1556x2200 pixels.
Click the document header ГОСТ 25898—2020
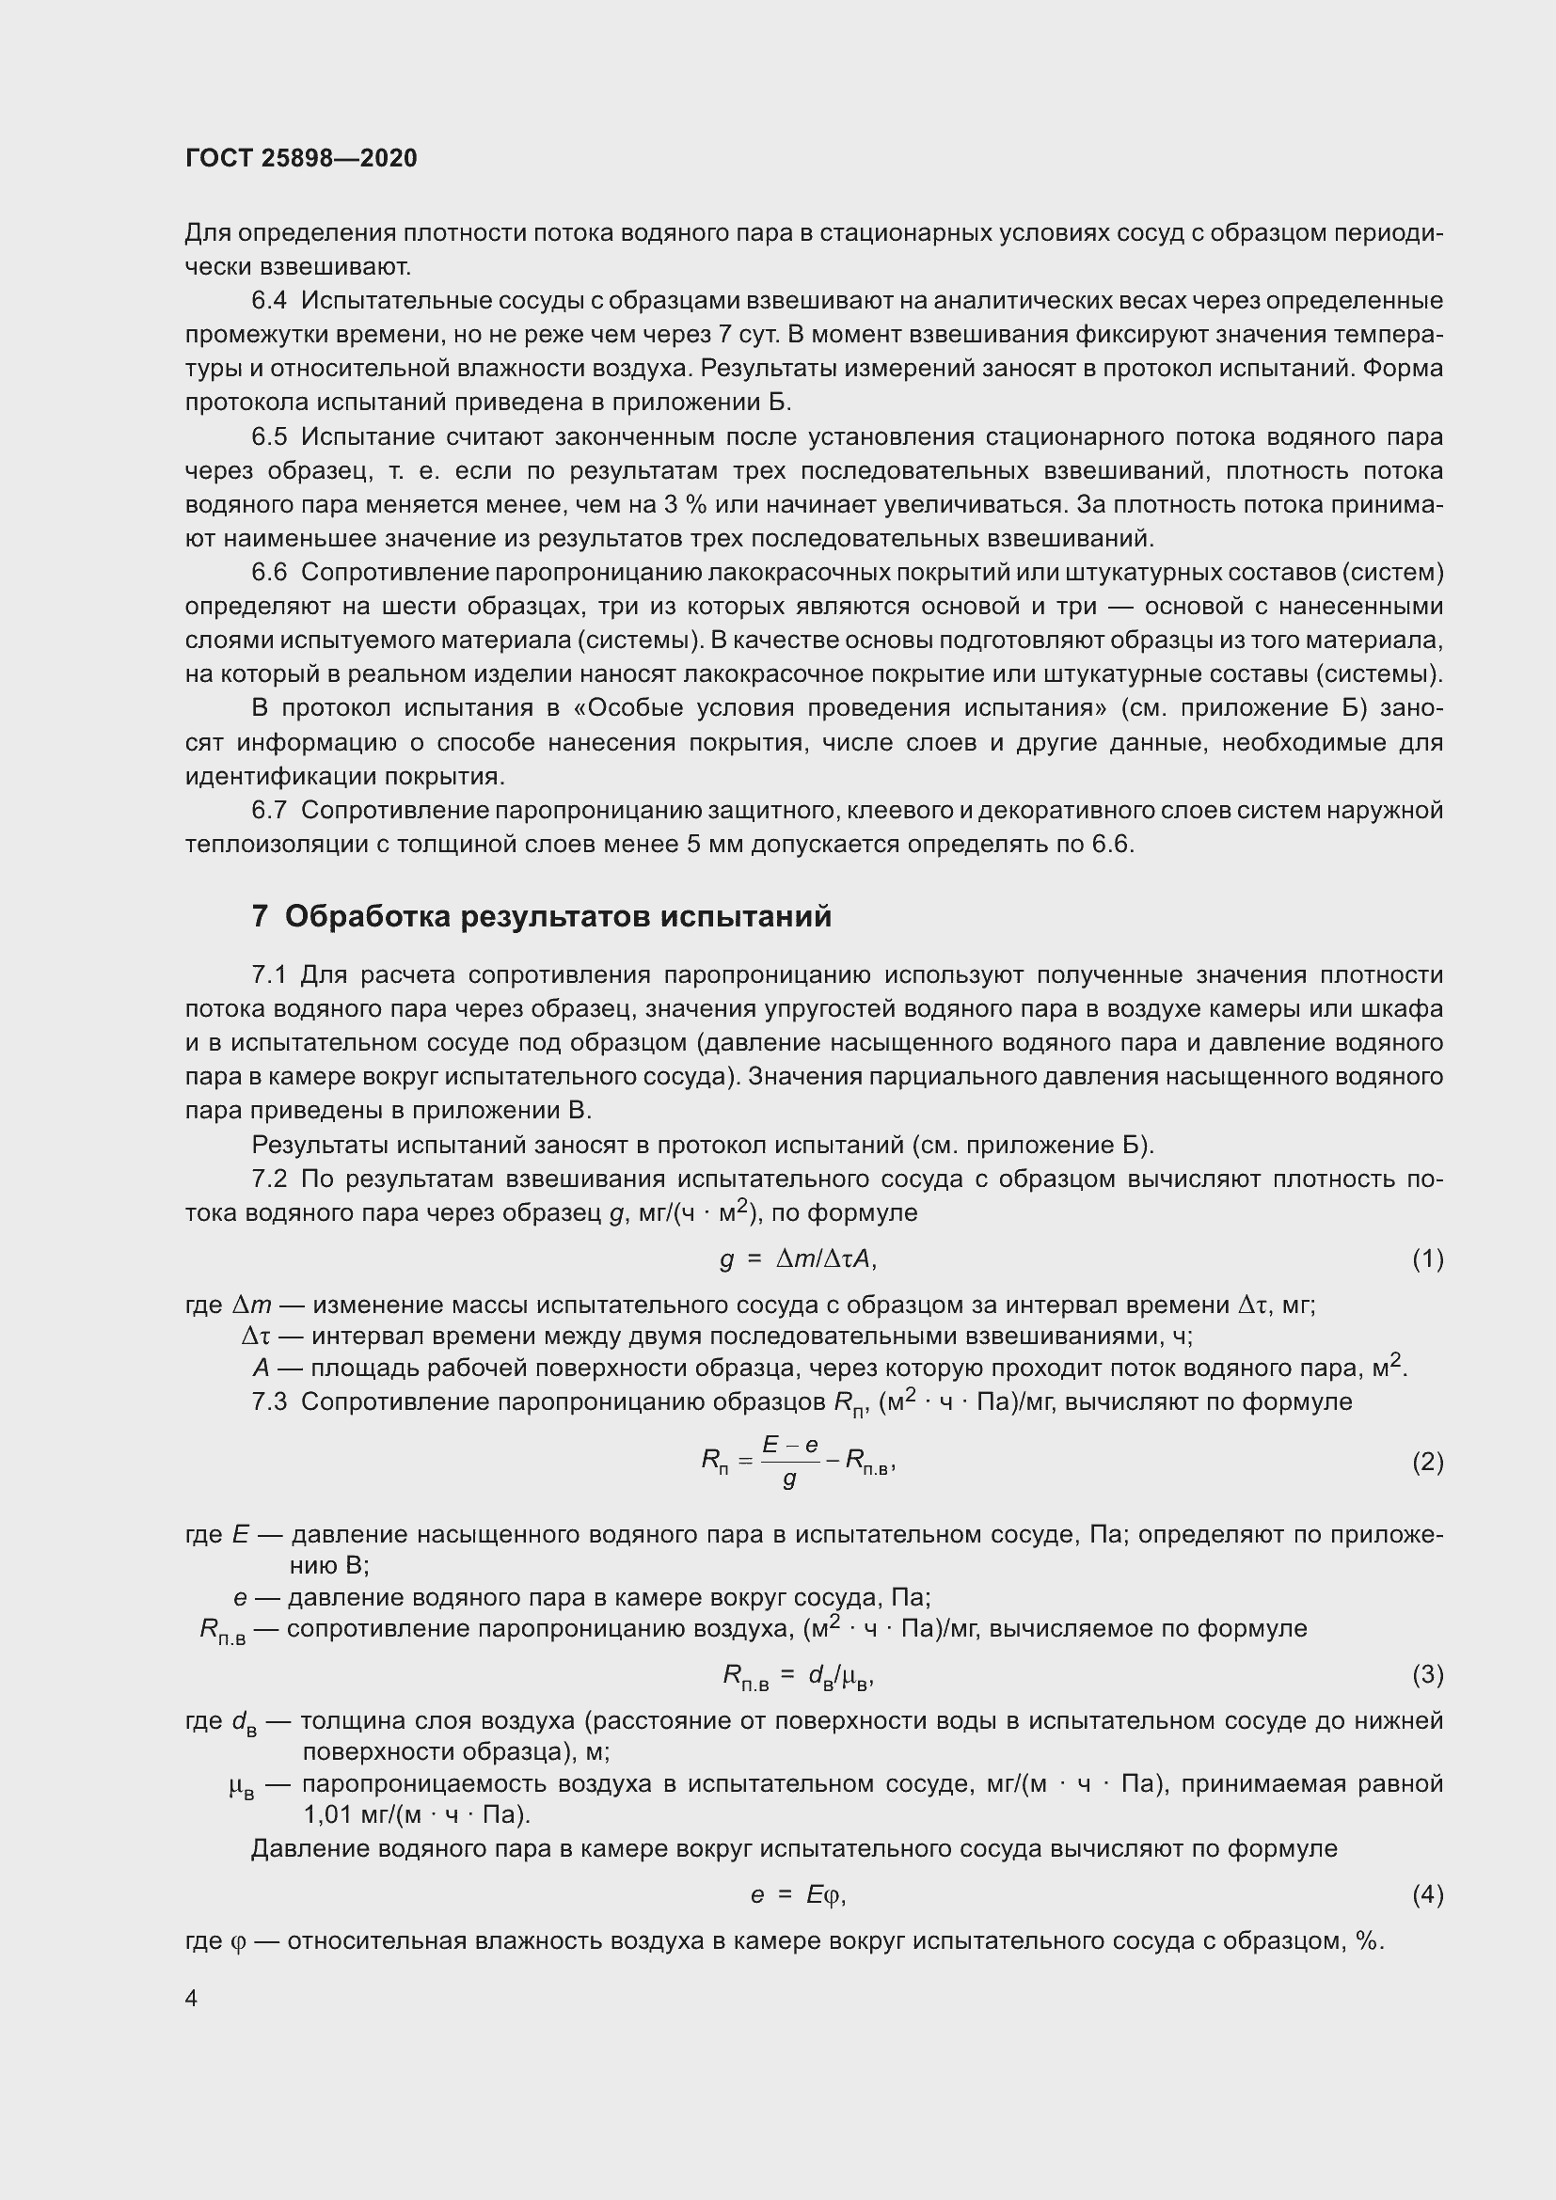coord(301,158)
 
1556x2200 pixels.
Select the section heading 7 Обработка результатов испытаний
coord(541,917)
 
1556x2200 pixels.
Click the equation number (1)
coord(1427,1259)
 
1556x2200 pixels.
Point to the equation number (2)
coord(1427,1463)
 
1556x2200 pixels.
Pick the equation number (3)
coord(1427,1674)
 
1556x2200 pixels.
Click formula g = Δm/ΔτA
coord(798,1259)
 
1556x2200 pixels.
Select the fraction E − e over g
coord(790,1462)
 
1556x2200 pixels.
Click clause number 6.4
coord(269,301)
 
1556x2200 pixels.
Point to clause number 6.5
coord(269,437)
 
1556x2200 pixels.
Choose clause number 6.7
coord(269,811)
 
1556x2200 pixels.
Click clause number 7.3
coord(269,1401)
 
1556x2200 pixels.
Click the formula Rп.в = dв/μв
coord(798,1675)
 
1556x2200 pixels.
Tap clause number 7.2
coord(269,1179)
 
